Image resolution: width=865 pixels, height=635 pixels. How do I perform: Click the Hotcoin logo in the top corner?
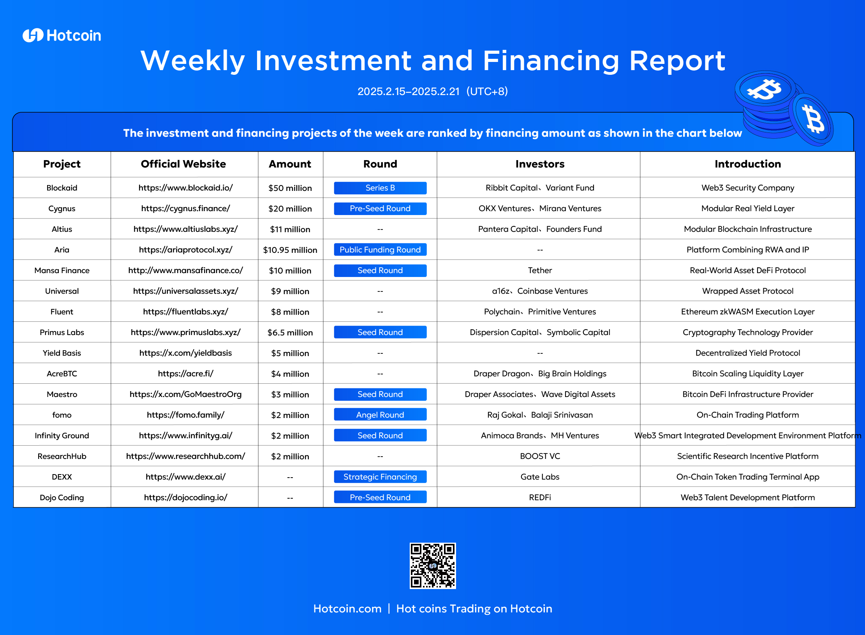click(x=62, y=35)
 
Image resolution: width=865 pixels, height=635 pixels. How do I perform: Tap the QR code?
click(x=433, y=566)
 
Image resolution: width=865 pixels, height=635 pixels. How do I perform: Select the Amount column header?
click(x=290, y=164)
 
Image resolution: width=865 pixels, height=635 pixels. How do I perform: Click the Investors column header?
click(x=540, y=164)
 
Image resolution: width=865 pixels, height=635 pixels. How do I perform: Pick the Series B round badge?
click(x=380, y=188)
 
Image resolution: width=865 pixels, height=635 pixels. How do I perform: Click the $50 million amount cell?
click(x=290, y=188)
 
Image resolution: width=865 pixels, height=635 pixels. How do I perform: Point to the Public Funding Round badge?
click(x=380, y=250)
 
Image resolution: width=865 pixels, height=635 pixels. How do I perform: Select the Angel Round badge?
click(x=380, y=415)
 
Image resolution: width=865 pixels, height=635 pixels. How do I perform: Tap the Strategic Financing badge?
click(x=380, y=477)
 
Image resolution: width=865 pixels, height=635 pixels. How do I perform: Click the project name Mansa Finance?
click(x=62, y=270)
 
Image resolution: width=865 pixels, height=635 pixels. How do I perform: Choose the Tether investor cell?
click(x=540, y=270)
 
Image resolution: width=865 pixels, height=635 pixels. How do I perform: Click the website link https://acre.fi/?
click(x=185, y=374)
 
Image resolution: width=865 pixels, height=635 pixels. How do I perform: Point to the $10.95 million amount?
click(x=290, y=250)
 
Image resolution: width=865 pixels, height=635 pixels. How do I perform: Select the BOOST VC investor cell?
click(x=540, y=456)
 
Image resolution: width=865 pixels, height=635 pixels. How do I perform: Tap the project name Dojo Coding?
click(x=62, y=497)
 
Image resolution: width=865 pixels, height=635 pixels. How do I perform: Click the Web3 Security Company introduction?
click(x=748, y=188)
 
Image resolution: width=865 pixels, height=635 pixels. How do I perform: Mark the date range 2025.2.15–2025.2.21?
click(x=409, y=92)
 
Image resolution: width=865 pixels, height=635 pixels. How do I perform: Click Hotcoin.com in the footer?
click(x=347, y=609)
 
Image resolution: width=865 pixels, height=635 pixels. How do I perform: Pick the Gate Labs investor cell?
click(x=540, y=477)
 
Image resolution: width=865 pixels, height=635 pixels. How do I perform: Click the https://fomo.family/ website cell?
click(x=185, y=415)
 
